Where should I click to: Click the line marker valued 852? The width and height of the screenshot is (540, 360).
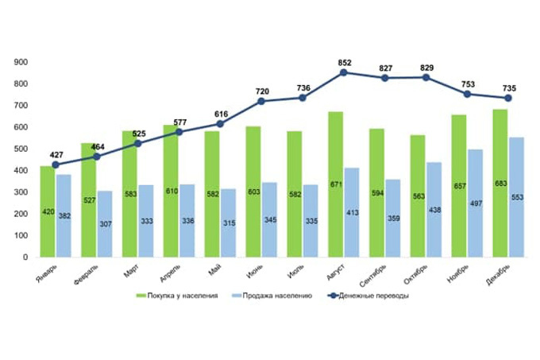344,72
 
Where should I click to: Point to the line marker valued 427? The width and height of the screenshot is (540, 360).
56,165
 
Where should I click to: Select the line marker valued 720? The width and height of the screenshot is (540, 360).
261,101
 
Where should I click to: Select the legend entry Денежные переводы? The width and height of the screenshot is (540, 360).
373,296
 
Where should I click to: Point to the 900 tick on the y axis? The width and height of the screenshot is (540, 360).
21,62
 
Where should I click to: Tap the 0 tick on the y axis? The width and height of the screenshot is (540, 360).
26,257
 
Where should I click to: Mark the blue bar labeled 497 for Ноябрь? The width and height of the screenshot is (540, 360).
475,203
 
